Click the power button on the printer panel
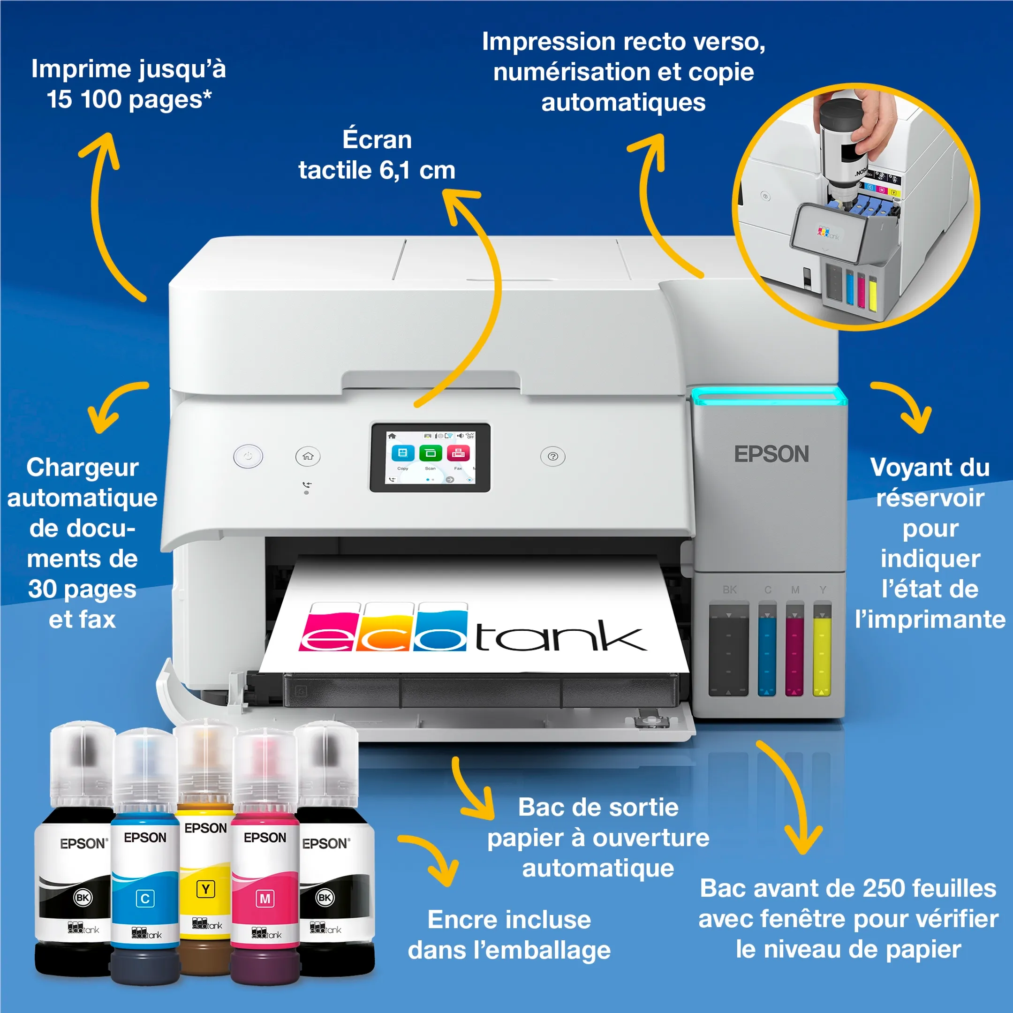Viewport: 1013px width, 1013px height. pos(248,456)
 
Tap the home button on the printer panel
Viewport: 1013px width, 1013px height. pos(308,456)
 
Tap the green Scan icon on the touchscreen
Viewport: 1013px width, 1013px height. pos(431,453)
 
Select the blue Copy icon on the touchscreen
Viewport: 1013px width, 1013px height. pos(403,453)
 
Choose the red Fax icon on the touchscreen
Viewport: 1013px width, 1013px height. pos(458,453)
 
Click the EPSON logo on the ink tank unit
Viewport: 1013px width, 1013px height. pos(771,454)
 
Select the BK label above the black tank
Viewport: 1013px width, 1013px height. pos(729,590)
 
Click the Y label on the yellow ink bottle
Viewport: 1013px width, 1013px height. pos(205,889)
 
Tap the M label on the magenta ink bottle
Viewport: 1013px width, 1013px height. pos(265,899)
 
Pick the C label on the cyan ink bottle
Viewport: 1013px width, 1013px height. pos(145,899)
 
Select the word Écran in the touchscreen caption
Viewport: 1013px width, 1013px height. pos(377,139)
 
